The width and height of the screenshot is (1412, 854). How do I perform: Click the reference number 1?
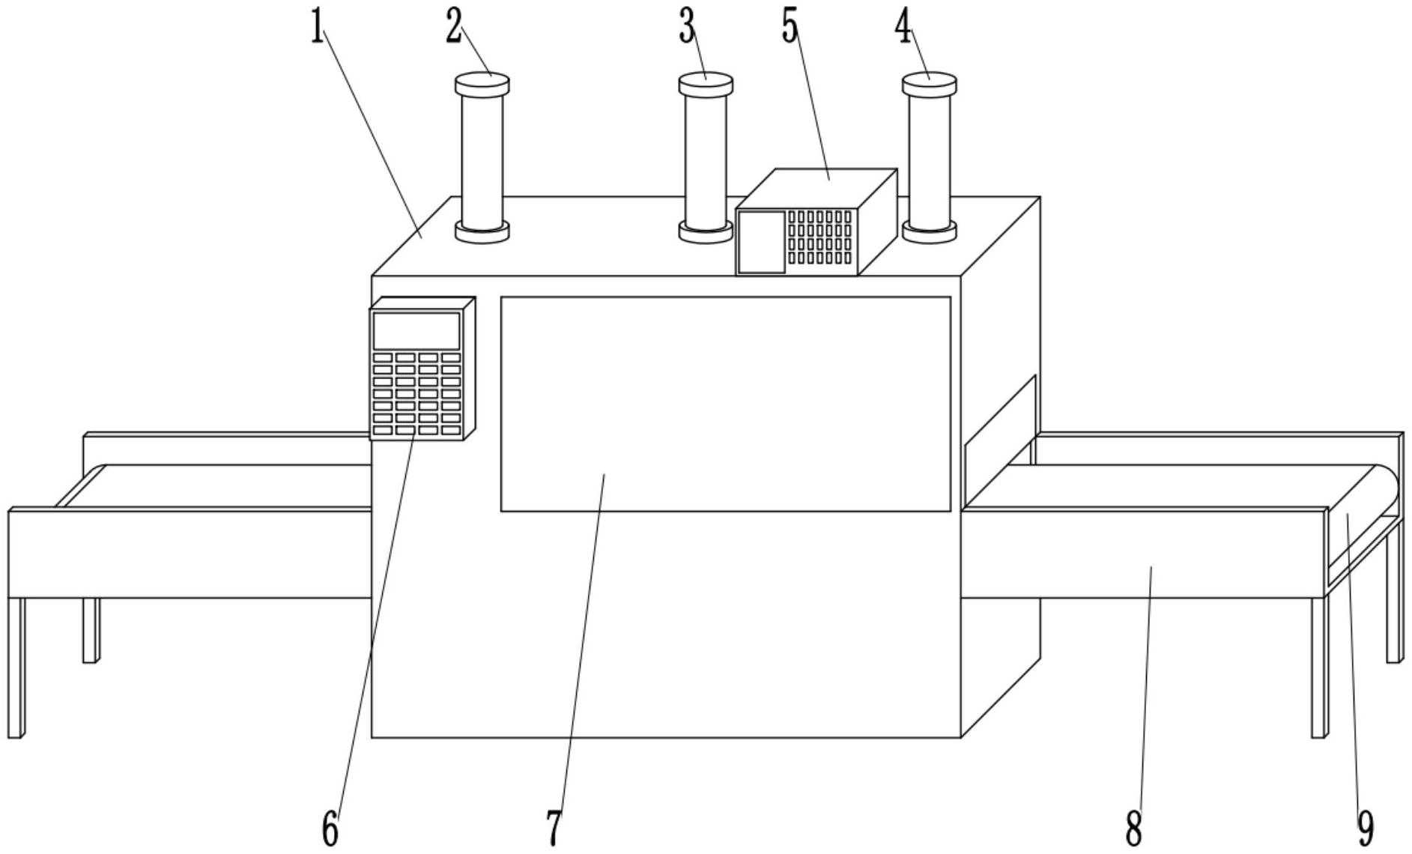[x=318, y=28]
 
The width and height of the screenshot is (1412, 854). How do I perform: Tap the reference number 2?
[x=453, y=28]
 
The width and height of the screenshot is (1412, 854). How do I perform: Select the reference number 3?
[x=688, y=28]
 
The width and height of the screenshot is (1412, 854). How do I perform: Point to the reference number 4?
[x=903, y=28]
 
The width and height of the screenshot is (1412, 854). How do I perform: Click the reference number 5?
[x=790, y=28]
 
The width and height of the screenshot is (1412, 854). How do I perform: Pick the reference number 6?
[x=330, y=829]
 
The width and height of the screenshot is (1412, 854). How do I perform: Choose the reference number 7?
[x=554, y=829]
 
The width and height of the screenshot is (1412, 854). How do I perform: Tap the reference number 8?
[x=1133, y=829]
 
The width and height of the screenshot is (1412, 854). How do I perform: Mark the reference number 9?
[x=1366, y=829]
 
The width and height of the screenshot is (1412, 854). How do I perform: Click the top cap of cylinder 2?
[x=482, y=82]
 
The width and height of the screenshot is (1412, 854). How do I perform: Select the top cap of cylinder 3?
[x=706, y=82]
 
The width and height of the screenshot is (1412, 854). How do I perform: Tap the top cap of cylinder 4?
[x=929, y=82]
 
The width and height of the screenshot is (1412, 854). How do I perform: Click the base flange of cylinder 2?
[x=482, y=231]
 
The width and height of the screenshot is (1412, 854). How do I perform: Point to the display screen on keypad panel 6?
[x=416, y=330]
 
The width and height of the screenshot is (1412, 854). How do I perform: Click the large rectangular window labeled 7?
[x=725, y=404]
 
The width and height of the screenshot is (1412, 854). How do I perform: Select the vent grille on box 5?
[x=819, y=237]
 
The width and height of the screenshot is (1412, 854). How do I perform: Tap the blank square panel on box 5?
[x=761, y=242]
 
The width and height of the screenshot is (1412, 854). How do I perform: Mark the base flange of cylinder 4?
[x=929, y=231]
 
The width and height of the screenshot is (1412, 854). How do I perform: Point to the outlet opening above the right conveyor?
[x=999, y=442]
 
